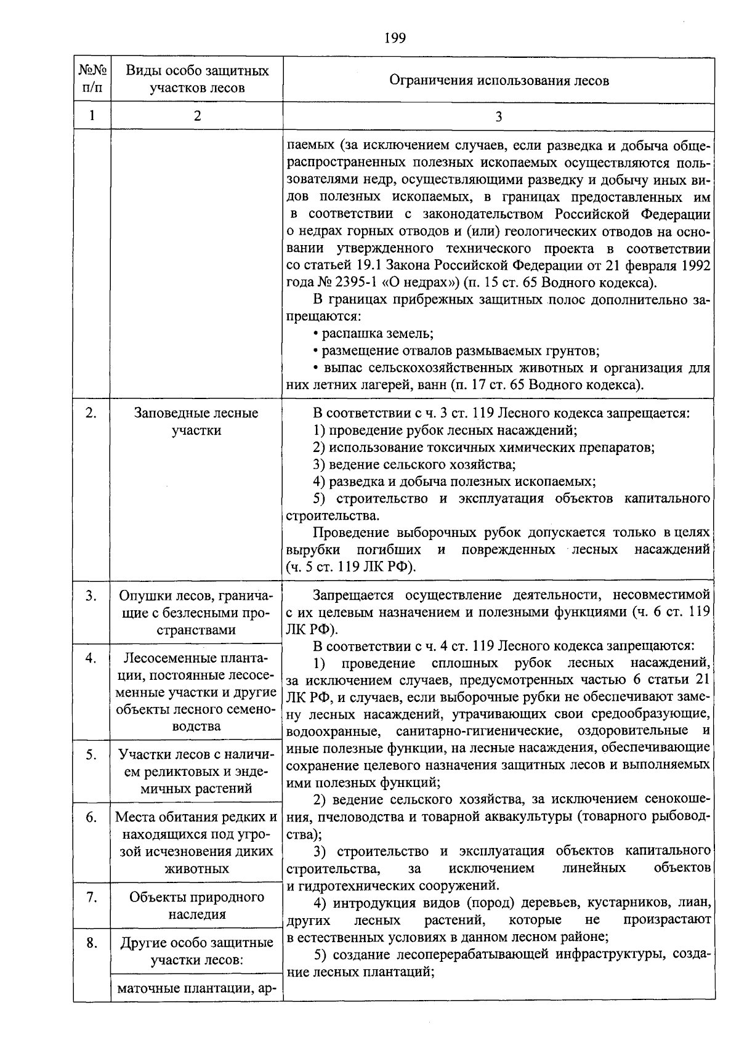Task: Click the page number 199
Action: pos(395,39)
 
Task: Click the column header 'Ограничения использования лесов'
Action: pos(499,81)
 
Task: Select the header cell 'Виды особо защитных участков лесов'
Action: pos(197,79)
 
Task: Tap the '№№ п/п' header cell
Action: pos(92,79)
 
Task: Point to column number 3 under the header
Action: pos(499,116)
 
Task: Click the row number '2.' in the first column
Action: pos(92,413)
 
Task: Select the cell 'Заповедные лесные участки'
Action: pos(196,422)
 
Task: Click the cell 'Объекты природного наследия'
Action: pos(196,905)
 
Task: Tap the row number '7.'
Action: pos(92,897)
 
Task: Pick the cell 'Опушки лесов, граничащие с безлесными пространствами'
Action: pos(196,613)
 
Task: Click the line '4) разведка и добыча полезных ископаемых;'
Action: pos(454,482)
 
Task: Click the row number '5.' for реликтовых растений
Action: pos(92,755)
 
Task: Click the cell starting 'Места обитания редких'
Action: pos(196,842)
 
